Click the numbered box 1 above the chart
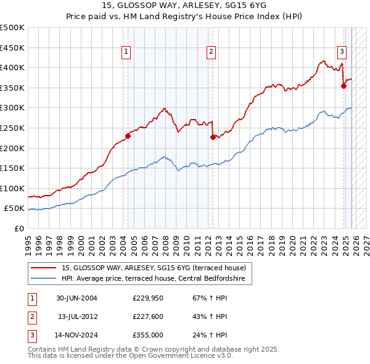[126, 52]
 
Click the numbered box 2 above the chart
[211, 52]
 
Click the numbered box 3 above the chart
[341, 52]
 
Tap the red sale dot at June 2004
[128, 136]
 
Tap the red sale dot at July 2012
[213, 137]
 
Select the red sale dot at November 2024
[343, 86]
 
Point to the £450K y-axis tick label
[12, 48]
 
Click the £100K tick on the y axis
[12, 188]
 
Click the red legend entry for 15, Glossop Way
[154, 268]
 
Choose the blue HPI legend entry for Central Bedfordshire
[154, 279]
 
